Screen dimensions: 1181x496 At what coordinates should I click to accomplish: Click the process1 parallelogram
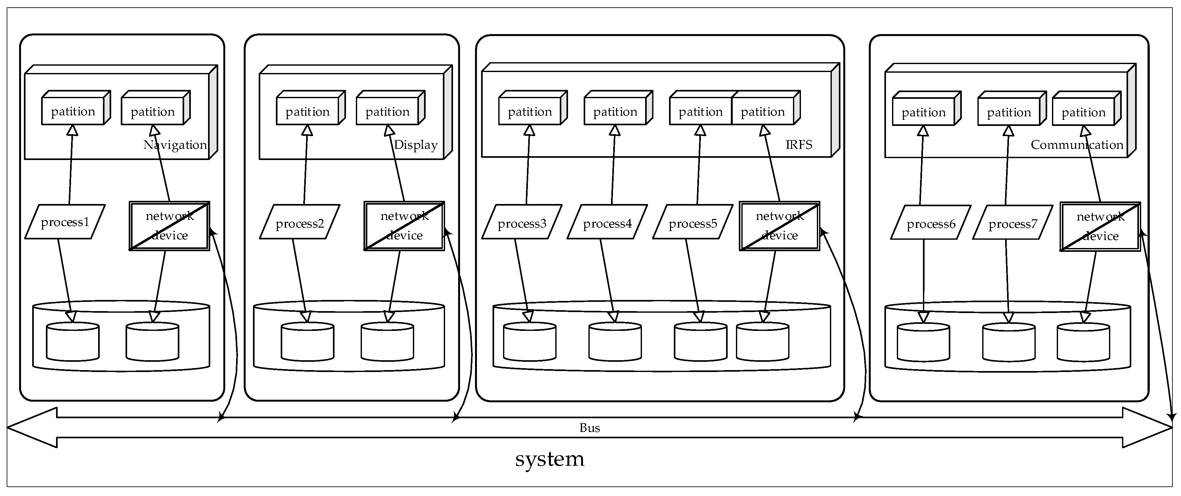[65, 222]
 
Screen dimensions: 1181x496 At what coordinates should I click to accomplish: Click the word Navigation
[175, 145]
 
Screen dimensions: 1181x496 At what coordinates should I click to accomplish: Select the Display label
[416, 145]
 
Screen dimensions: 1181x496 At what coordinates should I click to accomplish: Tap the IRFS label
[799, 145]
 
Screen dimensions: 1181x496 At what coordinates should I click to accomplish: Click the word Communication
[1077, 145]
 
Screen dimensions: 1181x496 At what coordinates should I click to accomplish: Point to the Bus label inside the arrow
[590, 428]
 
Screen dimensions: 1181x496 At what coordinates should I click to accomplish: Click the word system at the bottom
[550, 459]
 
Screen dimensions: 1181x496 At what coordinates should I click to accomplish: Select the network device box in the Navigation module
[169, 226]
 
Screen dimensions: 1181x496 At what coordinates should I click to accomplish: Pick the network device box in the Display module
[404, 226]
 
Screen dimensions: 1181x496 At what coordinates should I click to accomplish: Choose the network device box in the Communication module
[1100, 226]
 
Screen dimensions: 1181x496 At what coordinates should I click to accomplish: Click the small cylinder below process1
[73, 341]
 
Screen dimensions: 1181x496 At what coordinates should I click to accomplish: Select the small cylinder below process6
[923, 342]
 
